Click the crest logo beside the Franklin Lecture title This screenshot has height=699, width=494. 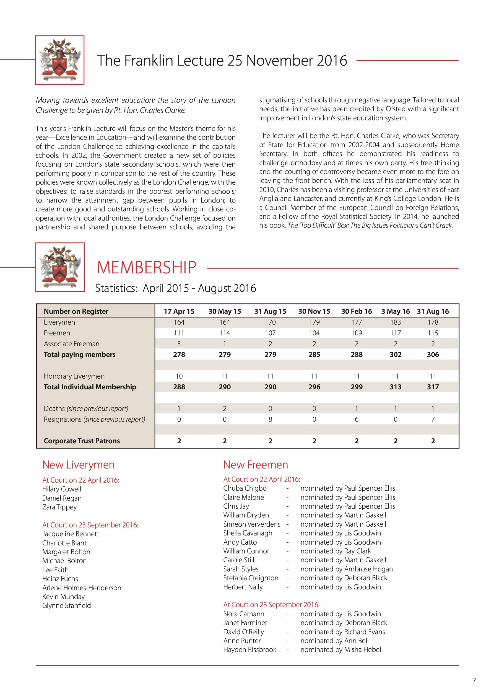[60, 60]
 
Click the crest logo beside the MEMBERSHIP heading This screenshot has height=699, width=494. [60, 267]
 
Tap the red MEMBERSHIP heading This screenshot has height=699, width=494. [146, 268]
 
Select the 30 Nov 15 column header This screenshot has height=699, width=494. [314, 311]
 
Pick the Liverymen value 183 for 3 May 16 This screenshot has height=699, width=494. [395, 322]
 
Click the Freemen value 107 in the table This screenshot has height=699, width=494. [270, 333]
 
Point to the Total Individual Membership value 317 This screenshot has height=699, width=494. [433, 387]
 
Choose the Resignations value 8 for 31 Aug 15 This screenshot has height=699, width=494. [270, 419]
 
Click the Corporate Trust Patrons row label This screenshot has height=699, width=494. [82, 441]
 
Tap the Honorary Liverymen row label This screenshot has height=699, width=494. [74, 376]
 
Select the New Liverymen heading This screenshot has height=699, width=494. [79, 465]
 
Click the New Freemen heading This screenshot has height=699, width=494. [255, 465]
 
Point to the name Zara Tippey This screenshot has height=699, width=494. [59, 507]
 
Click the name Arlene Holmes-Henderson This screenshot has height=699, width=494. [82, 587]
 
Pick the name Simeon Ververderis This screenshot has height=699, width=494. [252, 524]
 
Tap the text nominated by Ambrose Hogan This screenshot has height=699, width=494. [346, 569]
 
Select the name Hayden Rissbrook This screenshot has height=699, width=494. [249, 649]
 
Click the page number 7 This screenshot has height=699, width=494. [474, 681]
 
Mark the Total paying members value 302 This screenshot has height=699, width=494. [395, 354]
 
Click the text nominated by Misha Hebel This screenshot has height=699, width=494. [340, 649]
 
